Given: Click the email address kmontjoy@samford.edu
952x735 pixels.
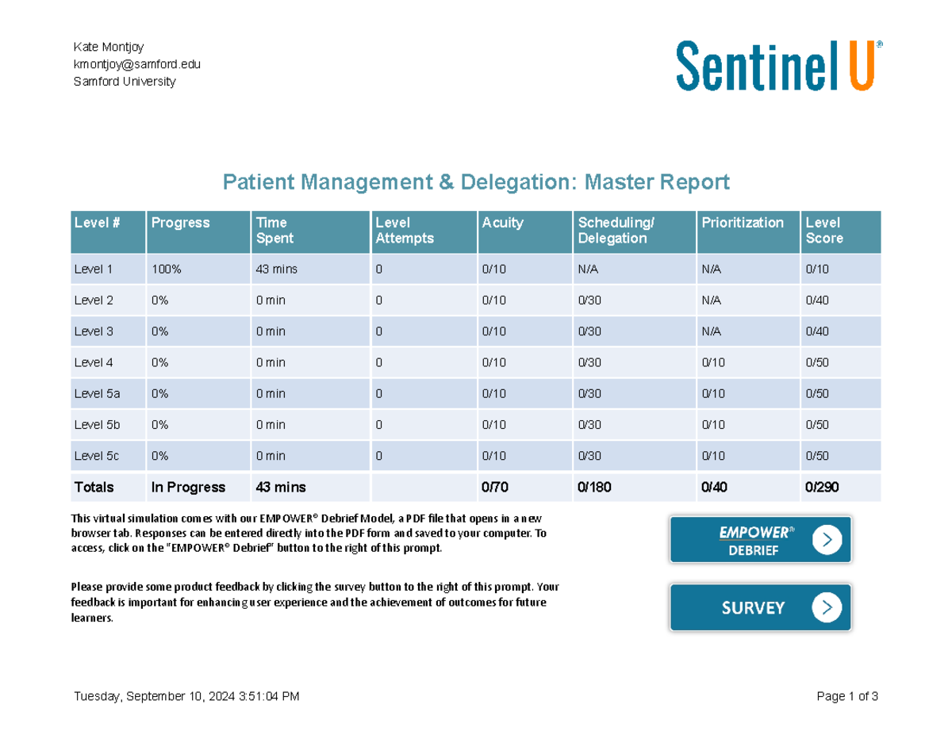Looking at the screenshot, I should pos(136,64).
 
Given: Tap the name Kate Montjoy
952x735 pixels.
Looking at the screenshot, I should pos(109,47).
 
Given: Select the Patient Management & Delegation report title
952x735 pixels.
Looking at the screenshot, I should pos(475,183).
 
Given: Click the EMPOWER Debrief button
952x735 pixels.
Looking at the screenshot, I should pos(760,540).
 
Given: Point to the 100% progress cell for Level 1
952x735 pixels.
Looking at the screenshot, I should pos(167,270).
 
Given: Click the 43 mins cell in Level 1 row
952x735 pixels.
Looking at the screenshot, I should pos(276,270).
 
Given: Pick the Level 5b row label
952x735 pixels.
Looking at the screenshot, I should pos(97,425).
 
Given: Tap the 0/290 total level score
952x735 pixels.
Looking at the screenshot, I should pos(822,487).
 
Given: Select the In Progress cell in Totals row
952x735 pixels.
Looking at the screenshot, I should pos(188,487).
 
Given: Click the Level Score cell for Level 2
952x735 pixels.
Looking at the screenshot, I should pos(817,301).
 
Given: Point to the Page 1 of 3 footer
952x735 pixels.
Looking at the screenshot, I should pos(846,697).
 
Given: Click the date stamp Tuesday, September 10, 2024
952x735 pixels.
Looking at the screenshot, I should pos(186,697).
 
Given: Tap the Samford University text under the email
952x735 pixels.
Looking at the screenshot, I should pos(125,82).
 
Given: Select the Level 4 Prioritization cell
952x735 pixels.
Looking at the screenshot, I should pos(713,363).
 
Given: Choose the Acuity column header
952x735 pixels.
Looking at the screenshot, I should pos(502,223).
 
